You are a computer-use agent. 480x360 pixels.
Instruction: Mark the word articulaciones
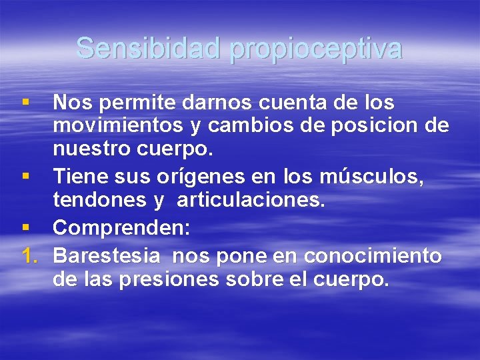point(251,201)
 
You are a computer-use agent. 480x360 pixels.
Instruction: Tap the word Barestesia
point(107,255)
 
